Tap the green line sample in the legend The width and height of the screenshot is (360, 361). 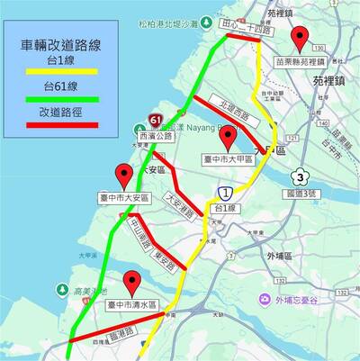[57, 99]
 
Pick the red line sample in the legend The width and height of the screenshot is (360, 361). [57, 124]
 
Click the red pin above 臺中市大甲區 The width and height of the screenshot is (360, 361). [228, 138]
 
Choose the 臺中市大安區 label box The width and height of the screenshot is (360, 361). [124, 198]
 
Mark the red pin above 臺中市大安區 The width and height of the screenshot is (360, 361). [124, 177]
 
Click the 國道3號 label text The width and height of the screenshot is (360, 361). [302, 193]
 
